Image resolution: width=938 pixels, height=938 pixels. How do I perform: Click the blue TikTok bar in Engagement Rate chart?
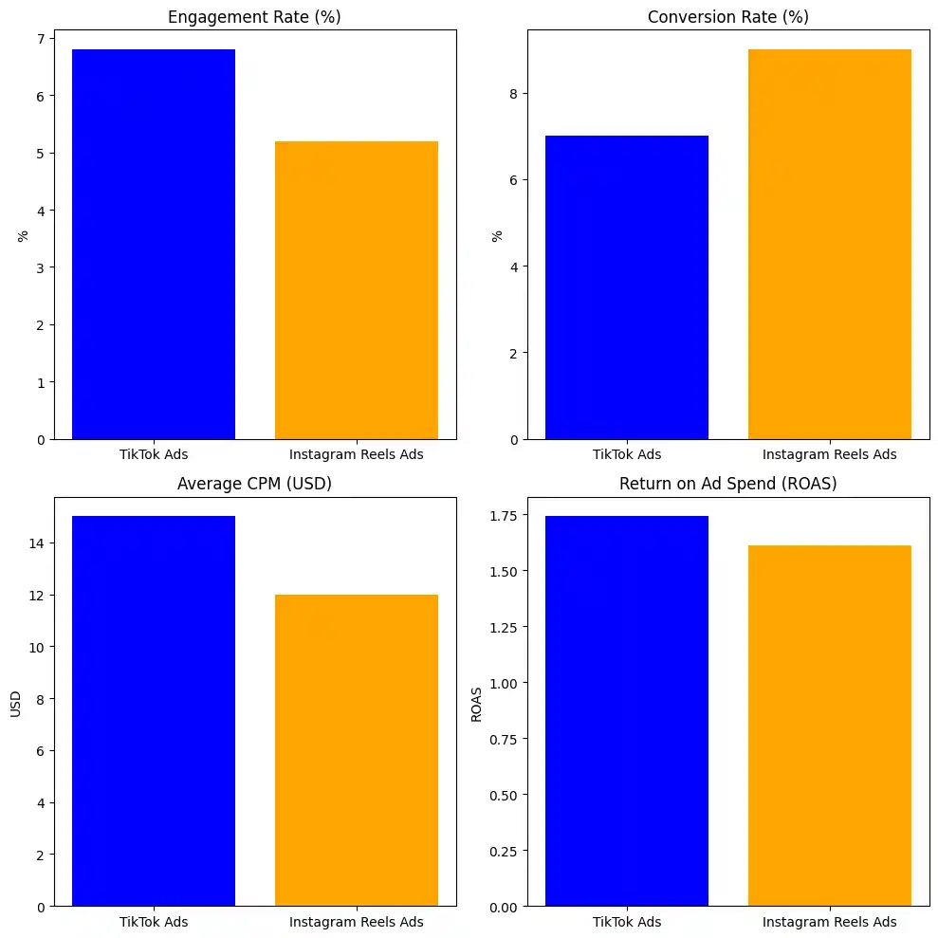154,244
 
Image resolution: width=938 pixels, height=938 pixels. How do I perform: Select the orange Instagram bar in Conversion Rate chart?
829,244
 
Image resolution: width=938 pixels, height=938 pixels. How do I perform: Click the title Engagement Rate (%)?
254,17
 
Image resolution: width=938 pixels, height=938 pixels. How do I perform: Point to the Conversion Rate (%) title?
727,17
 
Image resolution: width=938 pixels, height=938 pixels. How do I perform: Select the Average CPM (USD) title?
254,484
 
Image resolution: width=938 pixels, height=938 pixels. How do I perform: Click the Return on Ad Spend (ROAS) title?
727,484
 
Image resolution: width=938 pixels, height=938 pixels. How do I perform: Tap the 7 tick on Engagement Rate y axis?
39,39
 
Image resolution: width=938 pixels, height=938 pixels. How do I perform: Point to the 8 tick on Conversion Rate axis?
512,94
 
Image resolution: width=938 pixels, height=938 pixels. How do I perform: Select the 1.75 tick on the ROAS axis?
504,515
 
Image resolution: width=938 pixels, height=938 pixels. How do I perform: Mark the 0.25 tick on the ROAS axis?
504,851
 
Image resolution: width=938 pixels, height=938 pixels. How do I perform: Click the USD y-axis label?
15,703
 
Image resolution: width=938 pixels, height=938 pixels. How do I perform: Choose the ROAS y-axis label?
477,703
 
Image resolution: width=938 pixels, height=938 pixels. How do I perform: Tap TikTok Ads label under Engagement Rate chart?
154,454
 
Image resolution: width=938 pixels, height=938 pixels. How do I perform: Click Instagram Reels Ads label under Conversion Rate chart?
829,454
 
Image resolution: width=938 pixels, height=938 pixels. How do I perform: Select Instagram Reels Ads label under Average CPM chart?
357,922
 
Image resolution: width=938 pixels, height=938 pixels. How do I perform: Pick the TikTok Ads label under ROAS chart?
627,922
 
